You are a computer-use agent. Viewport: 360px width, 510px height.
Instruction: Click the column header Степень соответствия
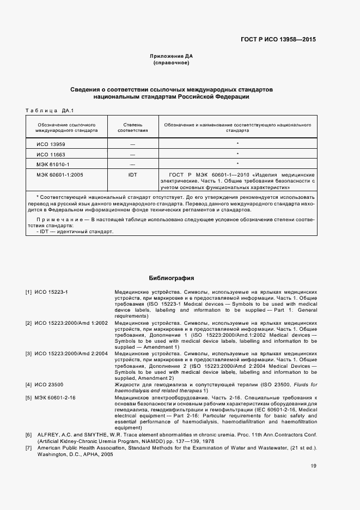tap(132, 127)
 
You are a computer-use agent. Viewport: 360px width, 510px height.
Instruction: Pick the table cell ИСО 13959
tap(51, 144)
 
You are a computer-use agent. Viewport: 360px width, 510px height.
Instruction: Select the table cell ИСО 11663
tap(51, 154)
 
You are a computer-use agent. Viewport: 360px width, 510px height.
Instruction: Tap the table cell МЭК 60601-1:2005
tap(59, 174)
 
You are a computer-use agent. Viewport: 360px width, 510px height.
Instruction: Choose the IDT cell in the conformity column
tap(132, 174)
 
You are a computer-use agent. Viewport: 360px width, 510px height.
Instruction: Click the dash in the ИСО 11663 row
tap(132, 154)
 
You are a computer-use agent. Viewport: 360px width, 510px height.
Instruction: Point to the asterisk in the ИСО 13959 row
tap(237, 144)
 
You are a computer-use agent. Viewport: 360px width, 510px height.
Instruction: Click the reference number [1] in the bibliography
tap(29, 293)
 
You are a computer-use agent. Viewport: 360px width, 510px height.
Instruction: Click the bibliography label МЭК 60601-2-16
tap(55, 398)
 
